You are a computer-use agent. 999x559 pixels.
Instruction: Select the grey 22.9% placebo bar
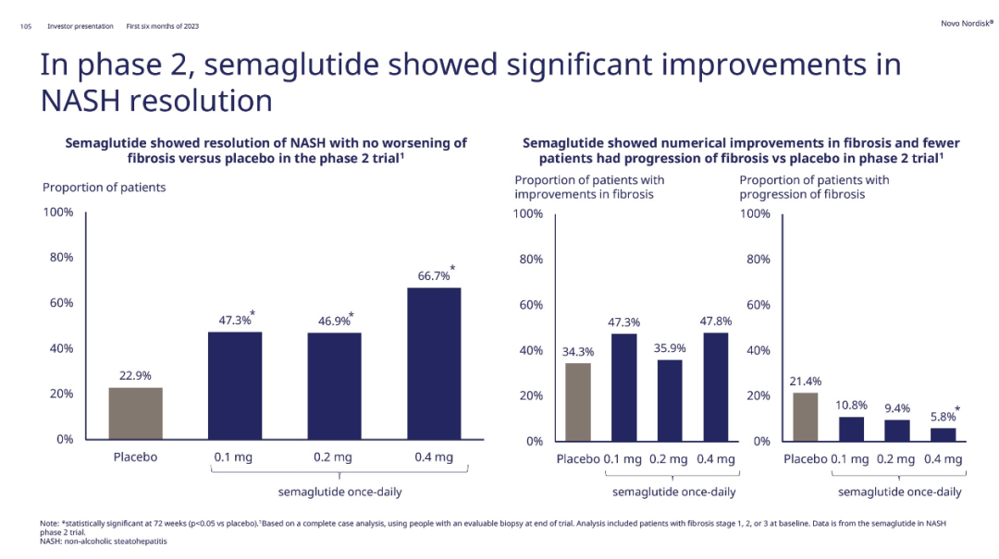135,413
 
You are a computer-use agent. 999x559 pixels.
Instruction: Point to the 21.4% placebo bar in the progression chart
806,417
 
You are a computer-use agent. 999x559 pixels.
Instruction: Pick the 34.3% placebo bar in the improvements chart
577,402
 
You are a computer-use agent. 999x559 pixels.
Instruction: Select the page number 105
26,26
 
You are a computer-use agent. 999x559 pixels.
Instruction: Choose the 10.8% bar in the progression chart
851,429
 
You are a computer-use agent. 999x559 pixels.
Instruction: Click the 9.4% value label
896,407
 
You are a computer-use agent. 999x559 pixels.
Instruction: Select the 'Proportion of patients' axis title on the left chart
104,188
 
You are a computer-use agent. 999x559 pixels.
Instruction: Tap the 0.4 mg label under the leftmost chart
433,457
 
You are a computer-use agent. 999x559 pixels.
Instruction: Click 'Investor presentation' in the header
80,26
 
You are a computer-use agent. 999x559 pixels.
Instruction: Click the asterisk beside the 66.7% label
452,268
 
